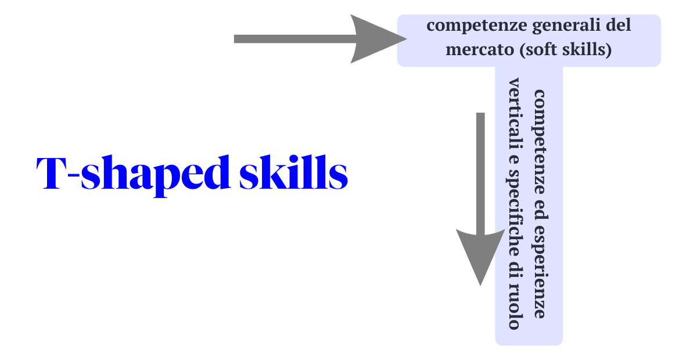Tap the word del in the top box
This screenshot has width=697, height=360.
[x=618, y=26]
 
